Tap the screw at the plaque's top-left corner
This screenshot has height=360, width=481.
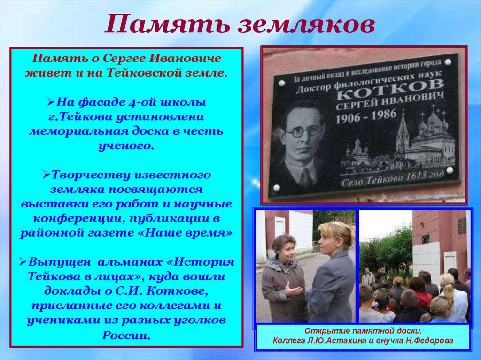coord(282,83)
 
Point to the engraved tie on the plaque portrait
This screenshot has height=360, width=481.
coord(306,176)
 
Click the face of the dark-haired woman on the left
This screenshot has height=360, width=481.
coord(284,248)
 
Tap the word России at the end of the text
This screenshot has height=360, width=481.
coord(126,335)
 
